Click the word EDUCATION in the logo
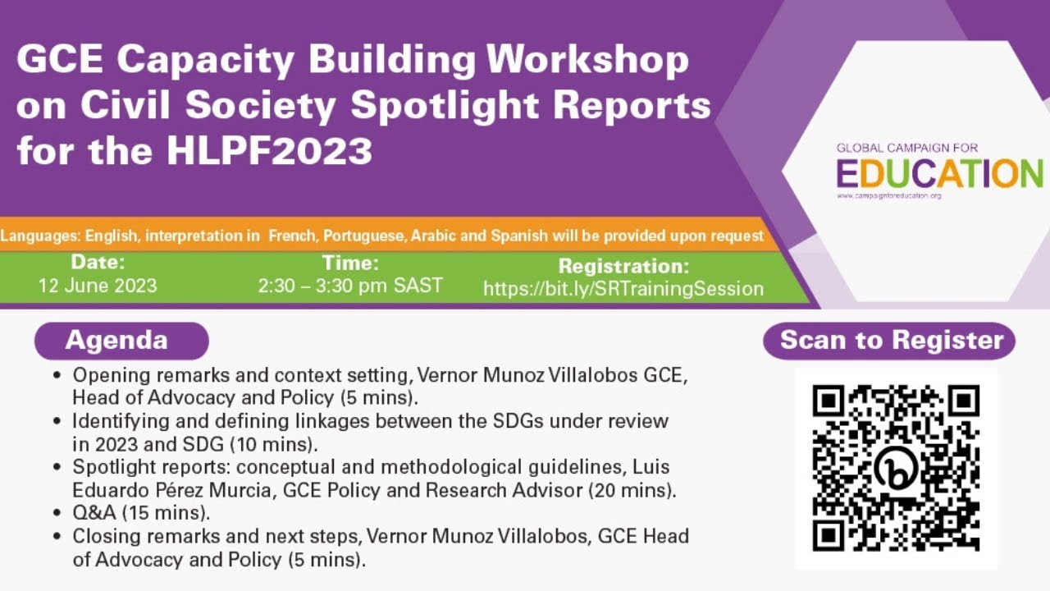[x=939, y=173]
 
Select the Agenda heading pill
[x=121, y=341]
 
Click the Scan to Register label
[x=891, y=341]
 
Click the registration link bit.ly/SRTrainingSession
[x=623, y=289]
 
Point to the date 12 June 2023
[x=98, y=286]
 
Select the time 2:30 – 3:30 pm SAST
[x=350, y=286]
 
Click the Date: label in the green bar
[x=98, y=263]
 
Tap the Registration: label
[x=623, y=266]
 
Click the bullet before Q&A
[x=57, y=515]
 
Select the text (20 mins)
[x=636, y=491]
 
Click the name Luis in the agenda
[x=653, y=467]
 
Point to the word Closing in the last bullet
[x=103, y=538]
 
